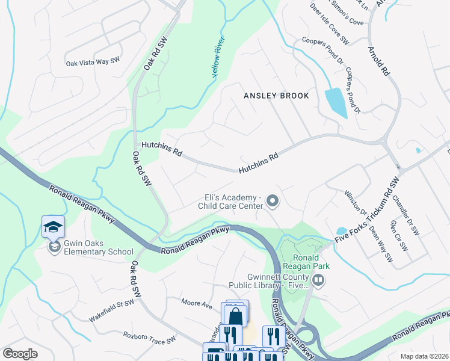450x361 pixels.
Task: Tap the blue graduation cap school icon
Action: tap(53, 226)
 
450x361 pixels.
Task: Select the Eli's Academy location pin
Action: tap(273, 202)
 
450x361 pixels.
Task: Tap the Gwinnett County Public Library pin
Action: tap(318, 279)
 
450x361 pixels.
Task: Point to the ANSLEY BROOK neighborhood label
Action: tap(276, 96)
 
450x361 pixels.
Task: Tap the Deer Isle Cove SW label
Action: tap(329, 24)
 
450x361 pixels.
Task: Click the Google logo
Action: tap(20, 354)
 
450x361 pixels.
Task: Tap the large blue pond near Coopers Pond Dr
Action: tap(335, 102)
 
